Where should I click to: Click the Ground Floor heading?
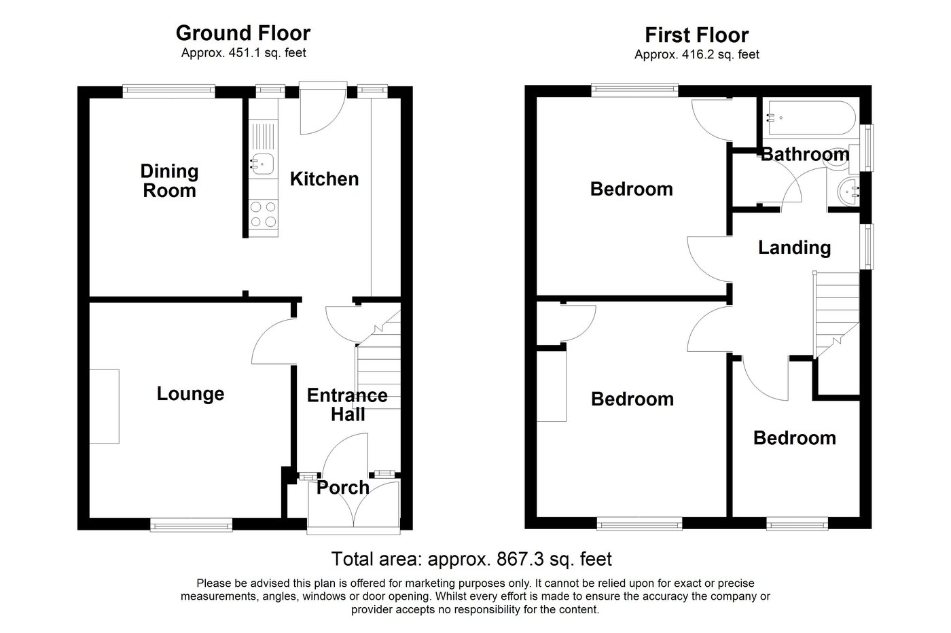click(x=243, y=33)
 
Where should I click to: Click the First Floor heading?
click(x=696, y=35)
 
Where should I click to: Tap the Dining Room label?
click(x=169, y=181)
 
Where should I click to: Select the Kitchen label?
click(x=324, y=179)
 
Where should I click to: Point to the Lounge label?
click(x=190, y=394)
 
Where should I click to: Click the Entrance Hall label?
click(x=347, y=405)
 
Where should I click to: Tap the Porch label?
click(x=343, y=488)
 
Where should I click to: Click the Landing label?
click(x=794, y=247)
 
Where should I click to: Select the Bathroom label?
click(x=804, y=154)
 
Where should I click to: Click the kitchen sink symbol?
click(x=262, y=163)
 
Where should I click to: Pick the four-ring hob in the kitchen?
click(x=263, y=215)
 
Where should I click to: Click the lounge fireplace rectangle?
click(x=105, y=406)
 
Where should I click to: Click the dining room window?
click(x=168, y=88)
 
